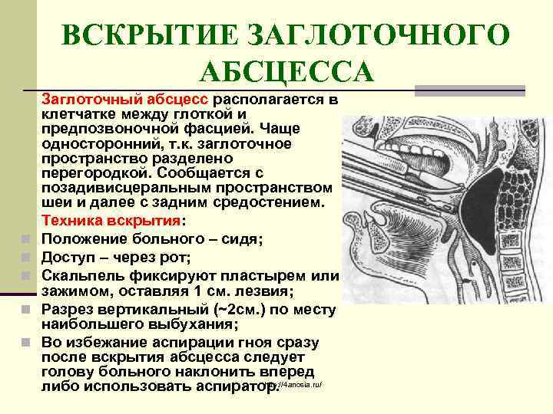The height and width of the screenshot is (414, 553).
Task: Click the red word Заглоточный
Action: click(90, 100)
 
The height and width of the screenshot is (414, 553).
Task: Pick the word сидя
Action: click(243, 239)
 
